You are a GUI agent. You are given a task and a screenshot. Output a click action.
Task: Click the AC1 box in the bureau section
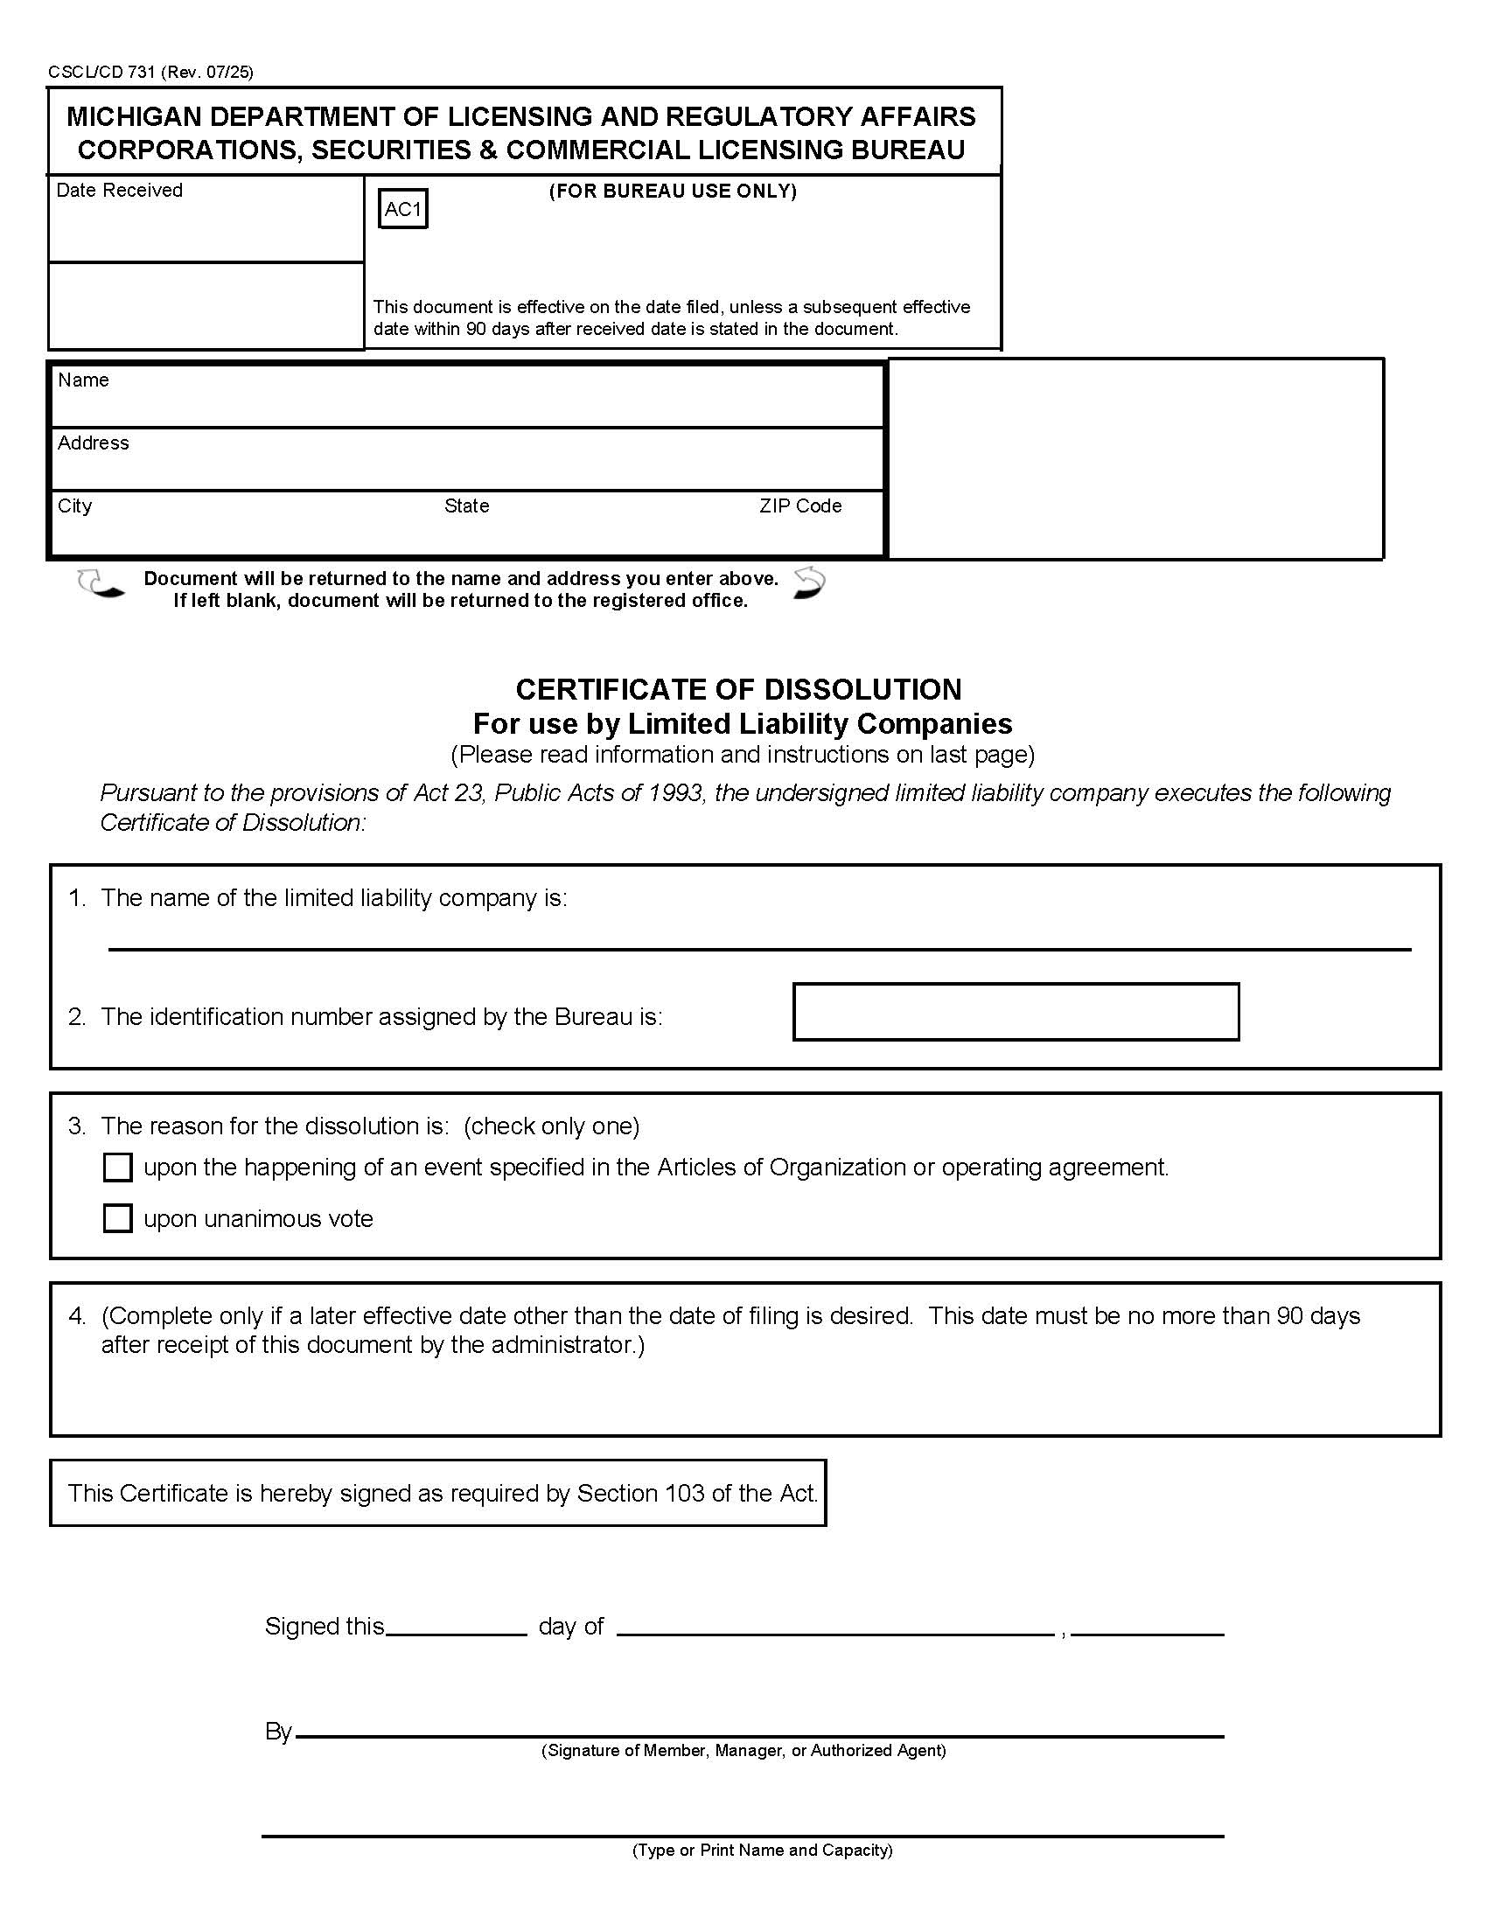tap(402, 209)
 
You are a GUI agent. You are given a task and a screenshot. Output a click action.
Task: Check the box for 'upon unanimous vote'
tap(117, 1218)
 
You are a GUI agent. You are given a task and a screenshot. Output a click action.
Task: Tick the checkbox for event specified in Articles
tap(117, 1168)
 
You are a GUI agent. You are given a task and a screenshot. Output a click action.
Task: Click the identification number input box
tap(1016, 1012)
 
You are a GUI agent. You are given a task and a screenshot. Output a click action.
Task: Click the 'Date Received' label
tap(119, 191)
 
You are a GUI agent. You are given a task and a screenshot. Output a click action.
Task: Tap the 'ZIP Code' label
tap(799, 505)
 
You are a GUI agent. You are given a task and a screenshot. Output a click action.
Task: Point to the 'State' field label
tap(466, 505)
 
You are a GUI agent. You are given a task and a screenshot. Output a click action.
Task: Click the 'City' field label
tap(75, 505)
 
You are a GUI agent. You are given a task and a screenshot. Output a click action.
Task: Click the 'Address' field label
tap(94, 443)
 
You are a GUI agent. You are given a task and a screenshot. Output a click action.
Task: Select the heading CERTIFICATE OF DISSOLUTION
tap(738, 689)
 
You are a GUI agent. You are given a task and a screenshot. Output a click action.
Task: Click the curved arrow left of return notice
tap(100, 583)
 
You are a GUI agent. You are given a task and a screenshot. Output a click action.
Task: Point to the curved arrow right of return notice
tap(809, 583)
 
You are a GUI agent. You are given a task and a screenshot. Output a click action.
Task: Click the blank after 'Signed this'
tap(457, 1627)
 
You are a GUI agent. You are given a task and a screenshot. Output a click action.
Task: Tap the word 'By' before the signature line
tap(278, 1732)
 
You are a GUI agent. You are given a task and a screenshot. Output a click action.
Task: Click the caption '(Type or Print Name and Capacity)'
tap(762, 1850)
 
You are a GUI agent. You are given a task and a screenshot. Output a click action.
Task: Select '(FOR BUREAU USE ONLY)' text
tap(673, 192)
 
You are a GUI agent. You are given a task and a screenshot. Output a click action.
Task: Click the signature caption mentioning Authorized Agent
tap(743, 1751)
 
